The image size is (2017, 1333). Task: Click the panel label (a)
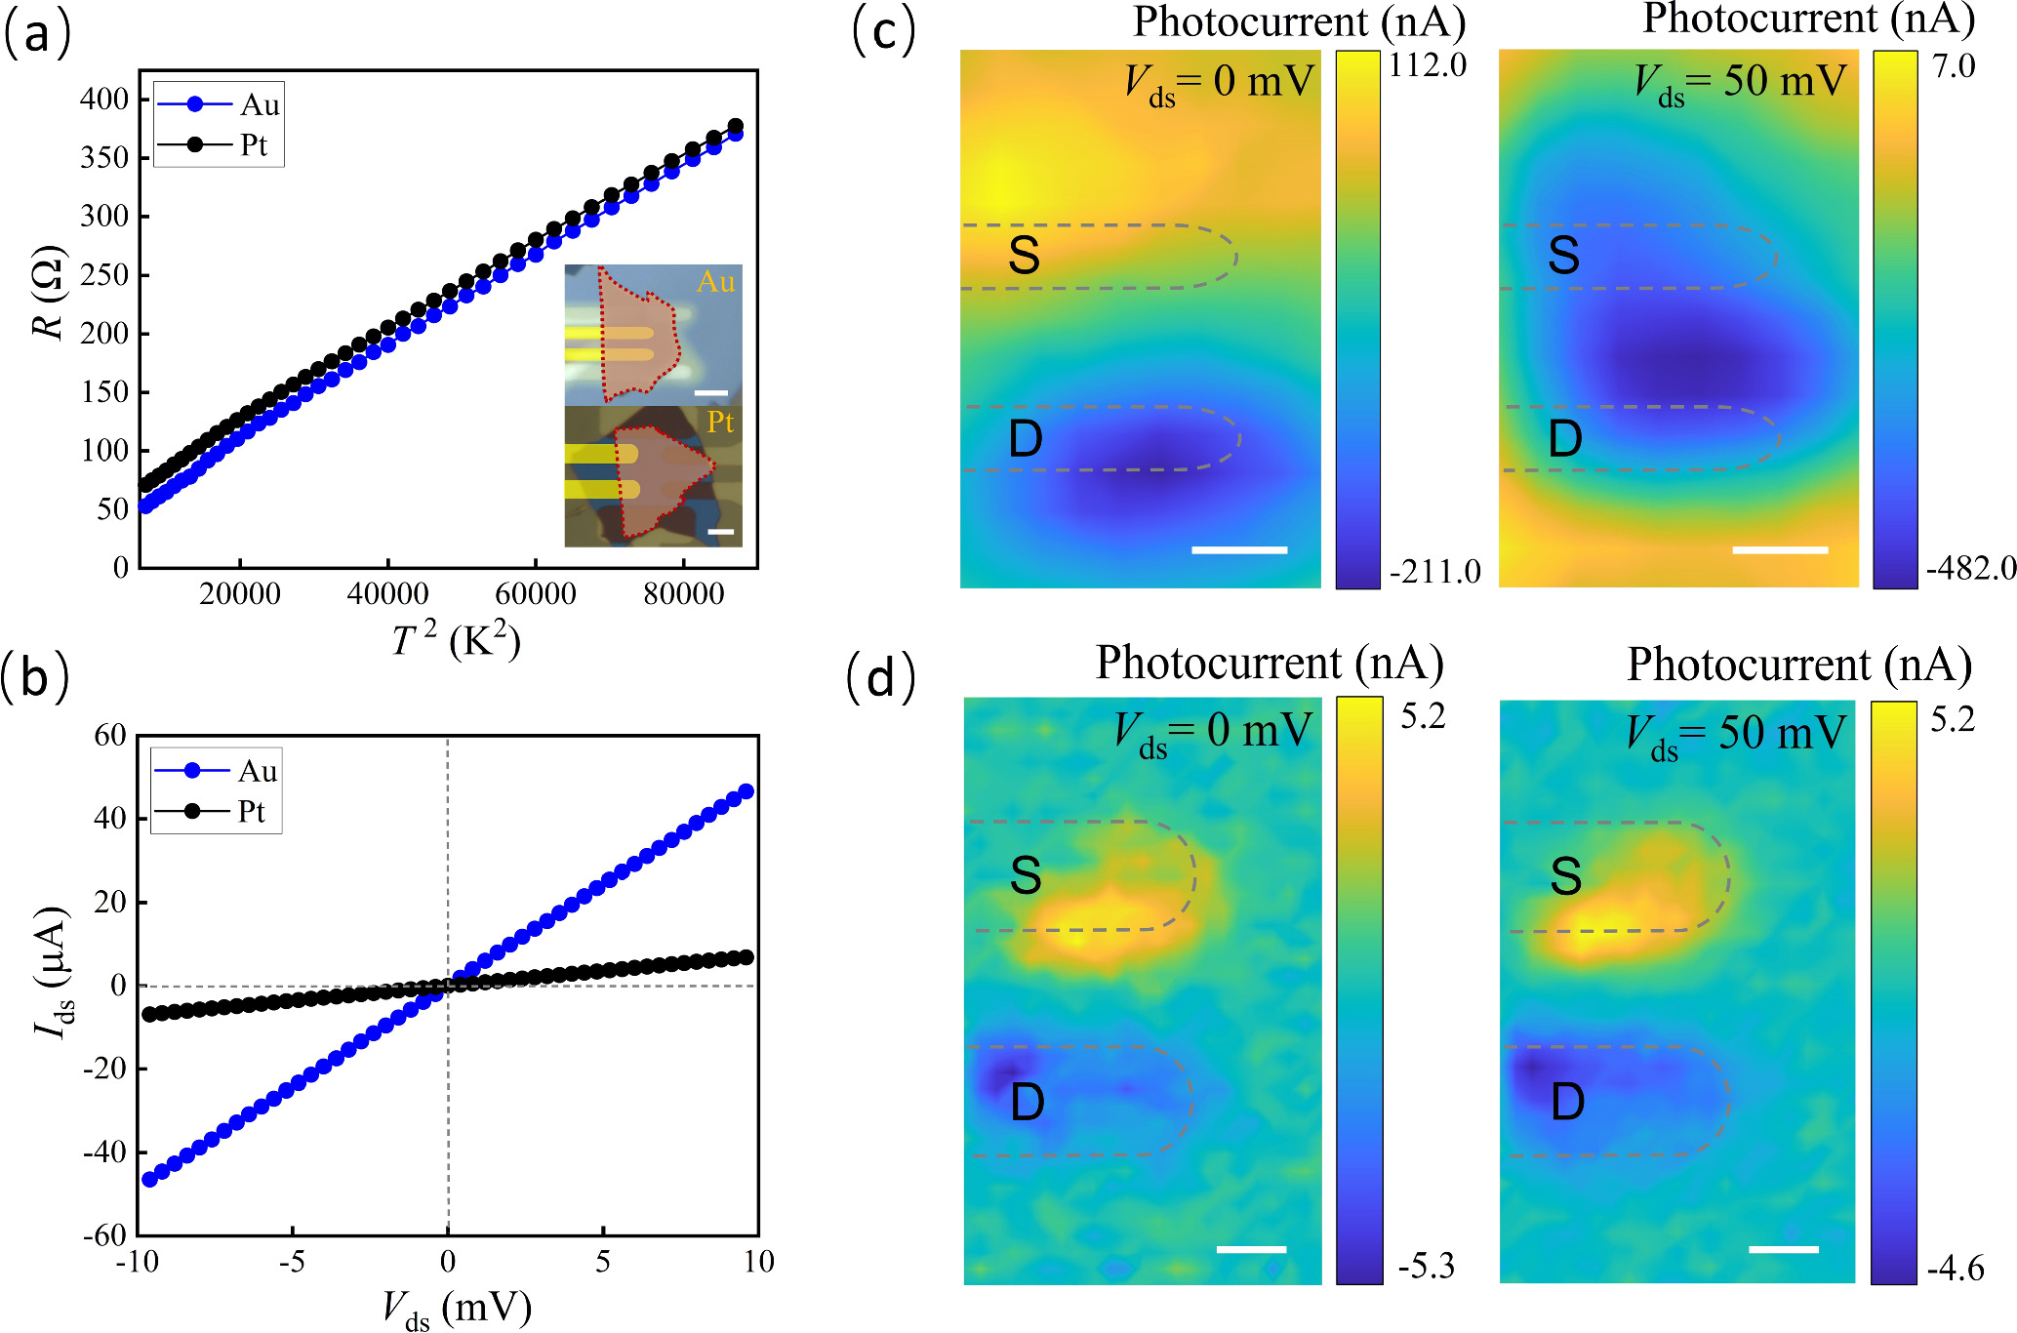point(37,35)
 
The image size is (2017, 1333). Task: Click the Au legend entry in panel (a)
point(260,104)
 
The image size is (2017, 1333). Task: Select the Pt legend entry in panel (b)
point(251,812)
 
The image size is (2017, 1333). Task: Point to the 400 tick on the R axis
point(104,99)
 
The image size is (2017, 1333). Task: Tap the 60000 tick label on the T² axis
point(536,594)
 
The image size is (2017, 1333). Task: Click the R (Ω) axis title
point(49,294)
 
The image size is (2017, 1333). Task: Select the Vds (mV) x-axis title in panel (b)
point(456,1309)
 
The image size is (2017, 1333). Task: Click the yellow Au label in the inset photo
point(715,282)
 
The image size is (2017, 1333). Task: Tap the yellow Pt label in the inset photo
point(720,422)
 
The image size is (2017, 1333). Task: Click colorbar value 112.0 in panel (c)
point(1428,65)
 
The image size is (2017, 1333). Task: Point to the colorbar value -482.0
point(1970,568)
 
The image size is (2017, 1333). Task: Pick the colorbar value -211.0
point(1434,572)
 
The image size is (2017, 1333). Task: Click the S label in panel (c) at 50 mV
point(1563,256)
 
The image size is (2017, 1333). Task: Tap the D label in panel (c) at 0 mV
point(1025,438)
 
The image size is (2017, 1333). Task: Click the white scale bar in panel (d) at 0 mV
point(1251,1249)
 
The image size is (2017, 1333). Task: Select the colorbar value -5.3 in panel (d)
point(1426,1266)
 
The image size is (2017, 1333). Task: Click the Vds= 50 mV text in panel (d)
point(1735,734)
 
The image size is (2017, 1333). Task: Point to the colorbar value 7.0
point(1954,66)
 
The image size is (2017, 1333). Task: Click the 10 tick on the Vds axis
point(758,1262)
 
